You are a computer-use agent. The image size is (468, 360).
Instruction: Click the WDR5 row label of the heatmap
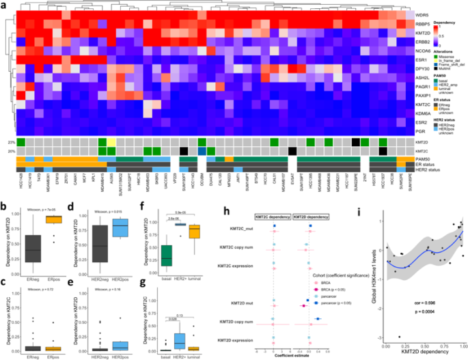coord(424,14)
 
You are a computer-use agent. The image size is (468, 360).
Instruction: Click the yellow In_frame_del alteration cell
coord(111,141)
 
